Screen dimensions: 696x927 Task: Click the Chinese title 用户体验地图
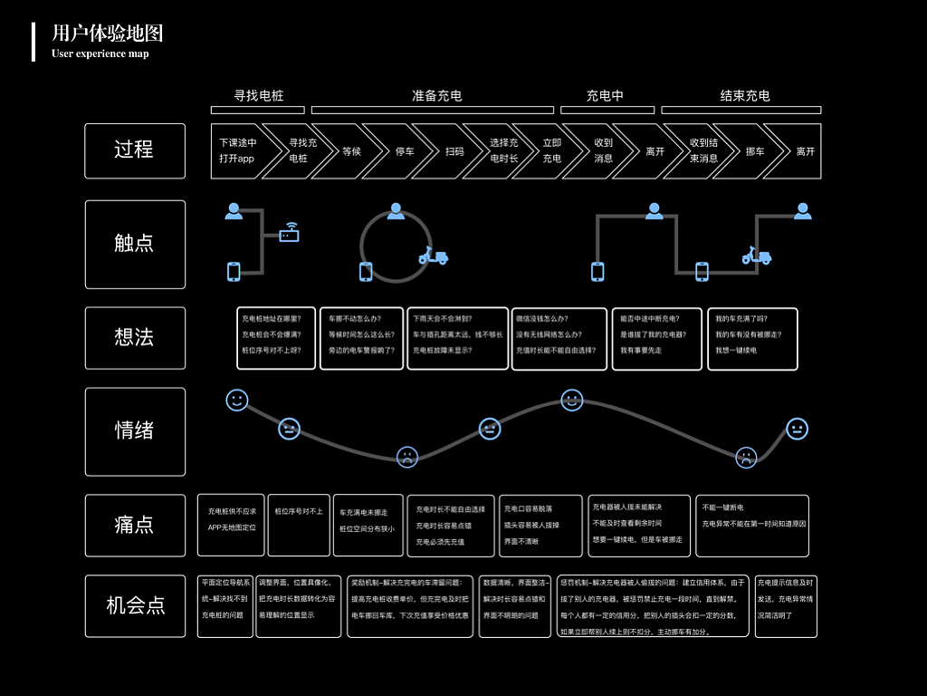tap(108, 34)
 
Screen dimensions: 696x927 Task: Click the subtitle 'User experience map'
tap(100, 53)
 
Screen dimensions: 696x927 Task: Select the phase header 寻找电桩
tap(259, 95)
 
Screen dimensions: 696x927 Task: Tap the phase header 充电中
tap(605, 95)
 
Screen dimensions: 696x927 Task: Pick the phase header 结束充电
tap(745, 95)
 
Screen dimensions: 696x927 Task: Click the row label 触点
tap(135, 243)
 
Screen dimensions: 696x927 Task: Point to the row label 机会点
tap(135, 605)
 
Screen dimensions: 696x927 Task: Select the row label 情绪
tap(135, 430)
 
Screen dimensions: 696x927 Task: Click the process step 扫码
tap(454, 151)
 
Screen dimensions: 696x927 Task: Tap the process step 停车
tap(405, 151)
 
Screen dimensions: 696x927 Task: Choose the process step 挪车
tap(755, 151)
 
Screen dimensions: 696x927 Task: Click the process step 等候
tap(351, 151)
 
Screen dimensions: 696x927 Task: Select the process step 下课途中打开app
tap(238, 150)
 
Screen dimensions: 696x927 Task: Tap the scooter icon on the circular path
tap(433, 256)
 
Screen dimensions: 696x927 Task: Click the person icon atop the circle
tap(396, 211)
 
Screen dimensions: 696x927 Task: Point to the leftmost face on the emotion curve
tap(237, 400)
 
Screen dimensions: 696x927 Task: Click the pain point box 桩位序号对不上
tap(299, 512)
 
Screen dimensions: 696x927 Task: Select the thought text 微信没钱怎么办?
tap(541, 319)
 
